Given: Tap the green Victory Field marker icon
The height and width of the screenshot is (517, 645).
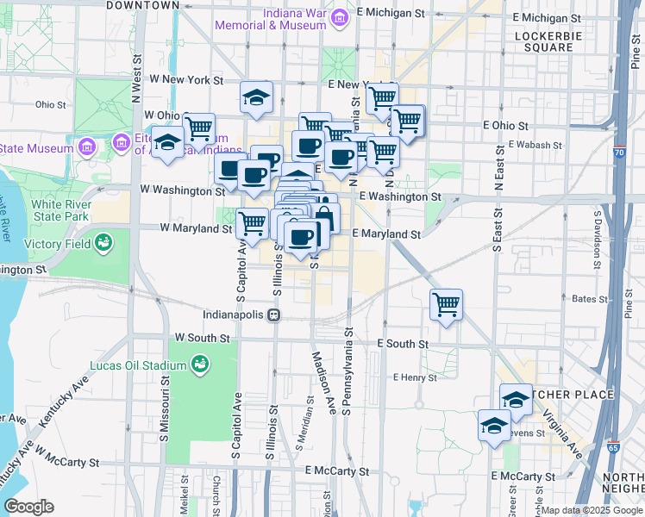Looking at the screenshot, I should tap(104, 242).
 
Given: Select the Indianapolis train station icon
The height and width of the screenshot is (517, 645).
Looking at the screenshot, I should tap(272, 315).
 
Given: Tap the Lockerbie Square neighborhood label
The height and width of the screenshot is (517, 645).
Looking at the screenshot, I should tap(543, 41).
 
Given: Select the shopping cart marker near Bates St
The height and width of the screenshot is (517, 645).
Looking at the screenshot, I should tap(446, 304).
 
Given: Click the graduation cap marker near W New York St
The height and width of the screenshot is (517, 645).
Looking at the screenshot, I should tap(256, 98).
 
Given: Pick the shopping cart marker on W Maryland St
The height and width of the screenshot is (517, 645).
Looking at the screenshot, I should tap(252, 223).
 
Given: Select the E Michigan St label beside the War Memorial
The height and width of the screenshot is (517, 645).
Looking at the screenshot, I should tap(391, 14).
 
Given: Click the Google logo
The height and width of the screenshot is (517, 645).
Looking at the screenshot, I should tap(28, 507).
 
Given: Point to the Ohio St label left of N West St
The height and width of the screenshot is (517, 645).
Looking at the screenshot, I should tap(51, 104).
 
